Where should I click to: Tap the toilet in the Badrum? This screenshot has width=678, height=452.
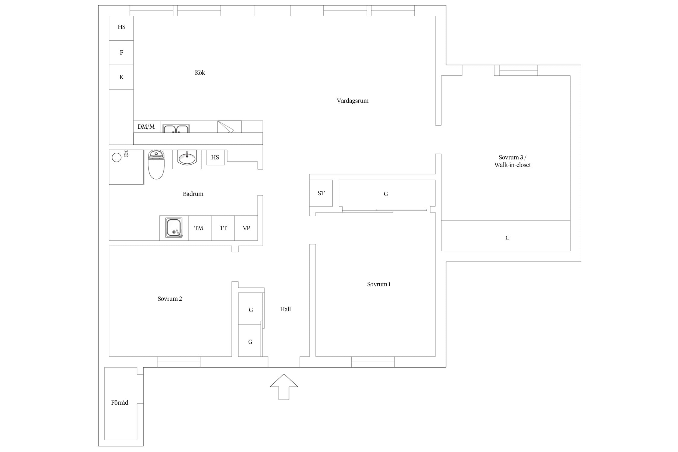pyautogui.click(x=156, y=165)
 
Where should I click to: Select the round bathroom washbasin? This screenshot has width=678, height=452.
pyautogui.click(x=187, y=158)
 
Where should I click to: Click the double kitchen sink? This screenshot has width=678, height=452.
pyautogui.click(x=176, y=129)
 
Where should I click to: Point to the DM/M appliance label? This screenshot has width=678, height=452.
pyautogui.click(x=146, y=127)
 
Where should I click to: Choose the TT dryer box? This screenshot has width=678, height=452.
pyautogui.click(x=223, y=228)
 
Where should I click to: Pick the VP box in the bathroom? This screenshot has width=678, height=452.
pyautogui.click(x=246, y=228)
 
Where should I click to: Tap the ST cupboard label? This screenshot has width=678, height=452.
pyautogui.click(x=321, y=193)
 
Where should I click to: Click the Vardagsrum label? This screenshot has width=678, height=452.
pyautogui.click(x=353, y=101)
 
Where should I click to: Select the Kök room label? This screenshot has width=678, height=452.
pyautogui.click(x=200, y=73)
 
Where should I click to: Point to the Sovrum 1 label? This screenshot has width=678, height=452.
pyautogui.click(x=379, y=284)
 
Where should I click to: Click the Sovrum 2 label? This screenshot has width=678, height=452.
pyautogui.click(x=170, y=299)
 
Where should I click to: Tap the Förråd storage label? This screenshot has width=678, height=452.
pyautogui.click(x=120, y=403)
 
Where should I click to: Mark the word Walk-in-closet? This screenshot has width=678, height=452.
pyautogui.click(x=513, y=165)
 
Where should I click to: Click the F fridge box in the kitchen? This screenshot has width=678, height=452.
pyautogui.click(x=121, y=53)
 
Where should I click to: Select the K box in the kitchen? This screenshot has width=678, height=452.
pyautogui.click(x=121, y=77)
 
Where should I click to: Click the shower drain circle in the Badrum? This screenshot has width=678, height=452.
pyautogui.click(x=117, y=157)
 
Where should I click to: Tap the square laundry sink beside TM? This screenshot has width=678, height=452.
pyautogui.click(x=174, y=228)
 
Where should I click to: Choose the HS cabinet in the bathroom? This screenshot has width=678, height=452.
pyautogui.click(x=215, y=157)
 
